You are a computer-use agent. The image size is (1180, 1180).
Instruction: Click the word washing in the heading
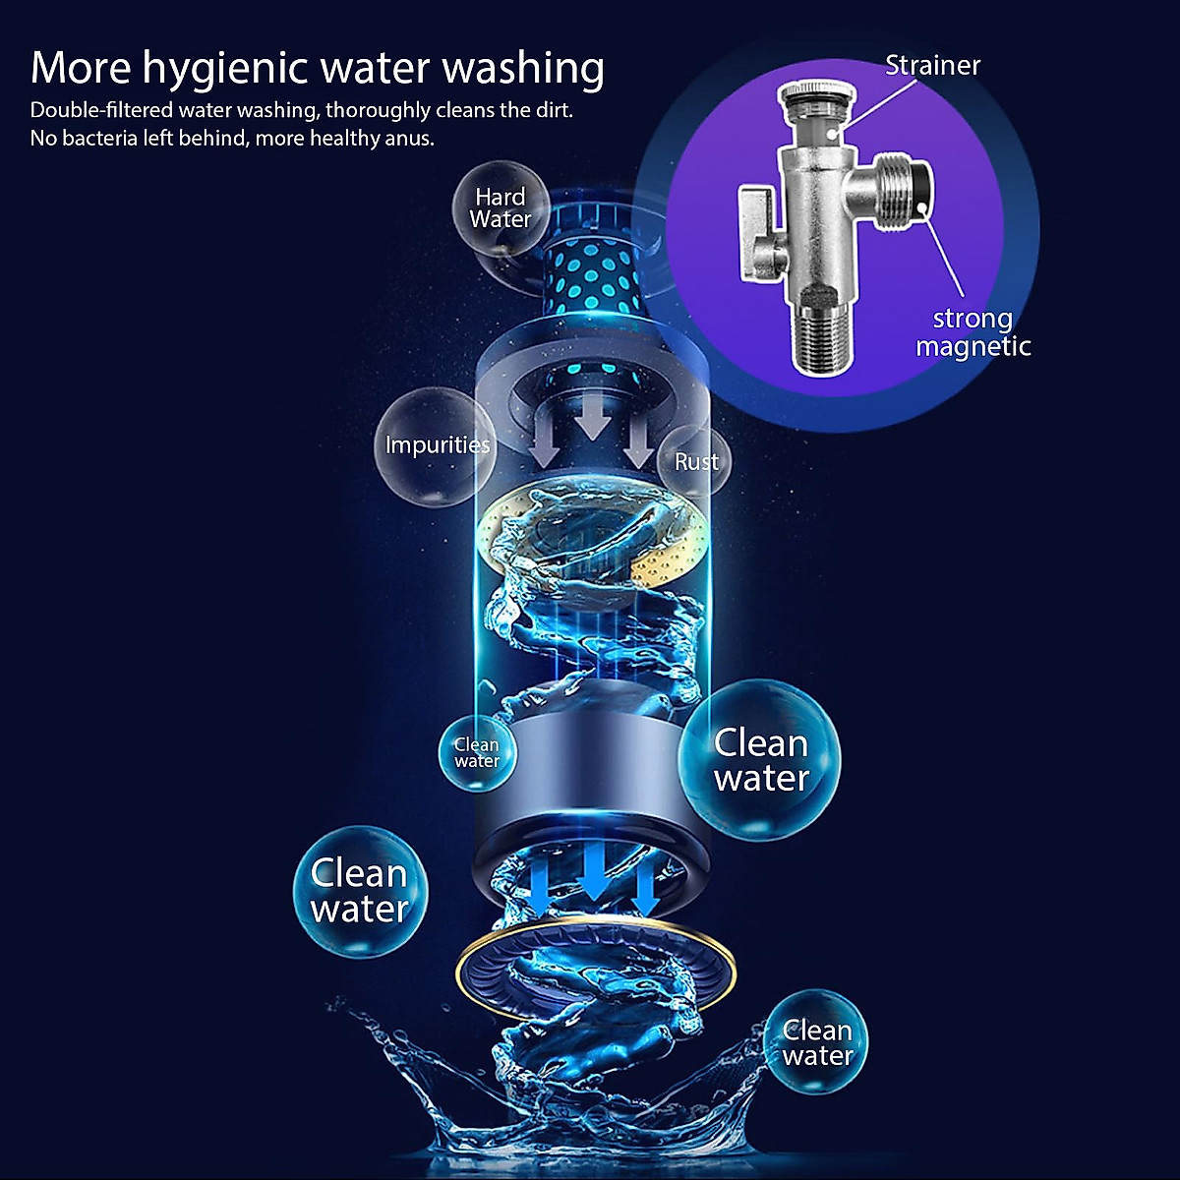[x=522, y=69]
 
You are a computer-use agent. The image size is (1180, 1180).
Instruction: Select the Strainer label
[x=932, y=65]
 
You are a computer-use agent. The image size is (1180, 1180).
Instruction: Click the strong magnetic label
[x=973, y=332]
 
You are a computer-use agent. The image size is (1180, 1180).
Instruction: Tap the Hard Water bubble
[x=501, y=207]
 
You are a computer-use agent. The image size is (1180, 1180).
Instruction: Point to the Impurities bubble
[x=437, y=444]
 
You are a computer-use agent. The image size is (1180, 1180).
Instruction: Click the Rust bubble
[x=696, y=460]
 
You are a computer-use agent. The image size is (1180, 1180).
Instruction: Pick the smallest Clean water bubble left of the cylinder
[x=477, y=752]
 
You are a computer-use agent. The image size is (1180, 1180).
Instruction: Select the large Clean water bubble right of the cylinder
[x=761, y=760]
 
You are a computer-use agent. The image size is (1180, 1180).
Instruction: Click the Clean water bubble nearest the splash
[x=817, y=1043]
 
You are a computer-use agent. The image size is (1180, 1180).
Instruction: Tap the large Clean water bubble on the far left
[x=360, y=891]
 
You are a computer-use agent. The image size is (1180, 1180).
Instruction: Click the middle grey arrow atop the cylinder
[x=592, y=418]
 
